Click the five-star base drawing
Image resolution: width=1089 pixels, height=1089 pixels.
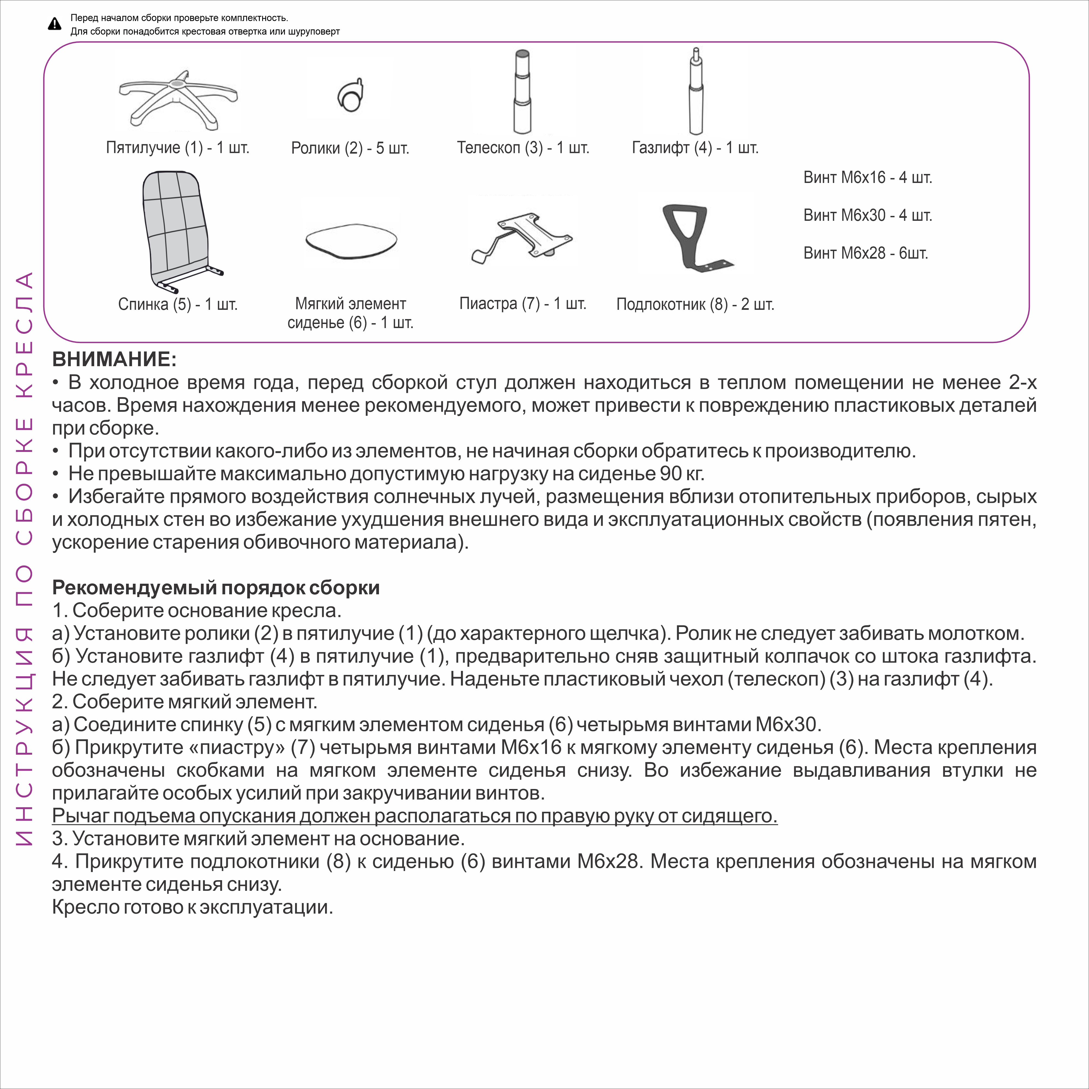tap(178, 99)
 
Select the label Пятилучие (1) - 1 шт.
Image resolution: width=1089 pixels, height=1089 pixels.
tap(178, 148)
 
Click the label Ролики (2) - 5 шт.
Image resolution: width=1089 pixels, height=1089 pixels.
tap(350, 148)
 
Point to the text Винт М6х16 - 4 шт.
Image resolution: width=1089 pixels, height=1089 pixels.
tap(867, 178)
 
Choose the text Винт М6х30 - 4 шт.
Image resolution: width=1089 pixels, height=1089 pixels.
tap(867, 215)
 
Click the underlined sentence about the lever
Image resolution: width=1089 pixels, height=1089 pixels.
tap(414, 816)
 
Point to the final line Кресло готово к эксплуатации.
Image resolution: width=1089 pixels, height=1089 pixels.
tap(192, 907)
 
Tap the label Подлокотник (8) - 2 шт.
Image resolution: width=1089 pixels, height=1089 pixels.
tap(695, 304)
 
